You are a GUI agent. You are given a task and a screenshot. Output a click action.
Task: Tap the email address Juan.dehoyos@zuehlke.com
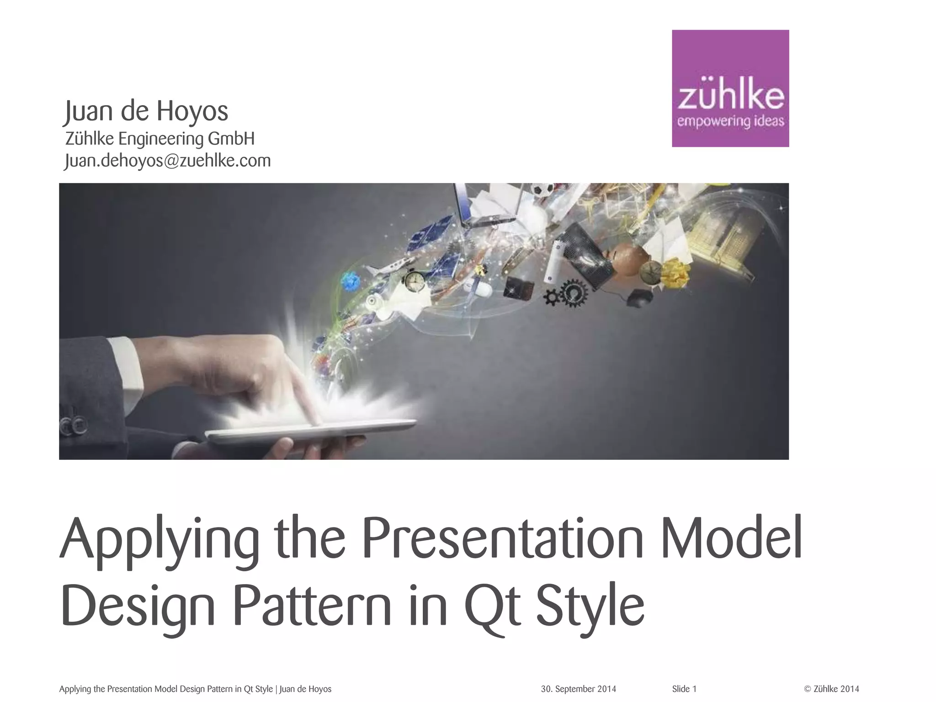168,161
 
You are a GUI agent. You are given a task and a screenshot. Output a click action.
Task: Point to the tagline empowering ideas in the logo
730,121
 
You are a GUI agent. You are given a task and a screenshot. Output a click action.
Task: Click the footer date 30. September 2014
578,689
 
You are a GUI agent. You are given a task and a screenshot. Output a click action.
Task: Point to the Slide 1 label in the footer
684,689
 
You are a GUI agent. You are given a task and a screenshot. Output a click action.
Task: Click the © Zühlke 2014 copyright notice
831,689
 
